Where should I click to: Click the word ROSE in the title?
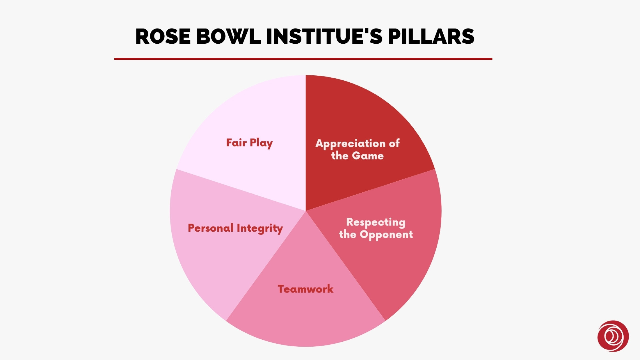163,36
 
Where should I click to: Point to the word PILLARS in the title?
431,36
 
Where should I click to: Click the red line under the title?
303,59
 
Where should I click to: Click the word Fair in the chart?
236,143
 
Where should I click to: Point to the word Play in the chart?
261,143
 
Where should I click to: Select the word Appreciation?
351,144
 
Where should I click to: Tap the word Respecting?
376,223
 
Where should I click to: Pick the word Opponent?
386,235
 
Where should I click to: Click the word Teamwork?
305,289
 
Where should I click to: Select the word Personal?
211,228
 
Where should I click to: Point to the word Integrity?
260,228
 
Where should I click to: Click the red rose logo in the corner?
613,336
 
